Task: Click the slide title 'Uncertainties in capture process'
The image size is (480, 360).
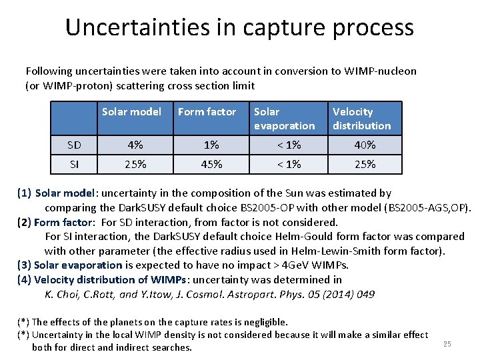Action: click(x=239, y=27)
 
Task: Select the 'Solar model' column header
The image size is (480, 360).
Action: click(x=131, y=112)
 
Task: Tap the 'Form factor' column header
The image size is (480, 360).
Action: click(x=207, y=112)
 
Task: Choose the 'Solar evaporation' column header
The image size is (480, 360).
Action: click(x=284, y=119)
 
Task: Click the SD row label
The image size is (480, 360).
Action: click(x=74, y=145)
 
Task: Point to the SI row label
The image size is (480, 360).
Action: click(x=74, y=164)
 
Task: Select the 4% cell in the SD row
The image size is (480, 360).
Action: click(x=135, y=145)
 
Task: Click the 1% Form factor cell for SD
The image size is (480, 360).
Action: click(x=211, y=145)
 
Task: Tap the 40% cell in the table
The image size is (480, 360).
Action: click(x=365, y=145)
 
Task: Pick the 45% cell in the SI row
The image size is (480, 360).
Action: click(x=211, y=164)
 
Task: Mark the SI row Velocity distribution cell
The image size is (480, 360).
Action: click(x=365, y=164)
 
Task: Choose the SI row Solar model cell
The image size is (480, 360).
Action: click(x=135, y=164)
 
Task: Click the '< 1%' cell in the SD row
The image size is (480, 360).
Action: click(x=289, y=145)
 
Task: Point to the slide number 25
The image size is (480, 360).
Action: click(x=447, y=344)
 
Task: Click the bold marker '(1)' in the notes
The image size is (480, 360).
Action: click(x=24, y=193)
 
